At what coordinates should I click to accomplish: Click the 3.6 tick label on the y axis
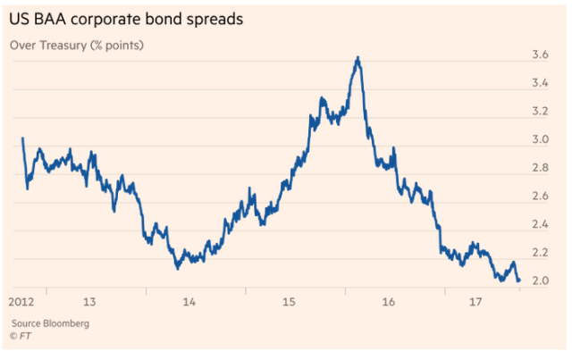coord(541,55)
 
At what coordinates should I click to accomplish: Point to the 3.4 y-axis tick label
coord(541,83)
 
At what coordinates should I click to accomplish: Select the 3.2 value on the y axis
coord(541,112)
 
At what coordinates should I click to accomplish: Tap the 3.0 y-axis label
coord(541,140)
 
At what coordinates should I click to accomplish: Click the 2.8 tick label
coord(541,168)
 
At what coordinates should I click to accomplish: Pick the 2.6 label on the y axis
coord(541,197)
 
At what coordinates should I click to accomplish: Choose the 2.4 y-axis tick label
coord(541,224)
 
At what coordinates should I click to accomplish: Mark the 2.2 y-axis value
coord(541,253)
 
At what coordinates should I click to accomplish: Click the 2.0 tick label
coord(541,280)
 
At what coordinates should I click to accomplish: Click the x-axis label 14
coord(189,302)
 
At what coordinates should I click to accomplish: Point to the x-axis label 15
coord(289,302)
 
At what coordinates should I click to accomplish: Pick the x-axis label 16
coord(388,302)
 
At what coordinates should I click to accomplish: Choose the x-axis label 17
coord(476,302)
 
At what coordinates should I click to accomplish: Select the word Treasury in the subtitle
coord(67,45)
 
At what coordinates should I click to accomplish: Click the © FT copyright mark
coord(21,336)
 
